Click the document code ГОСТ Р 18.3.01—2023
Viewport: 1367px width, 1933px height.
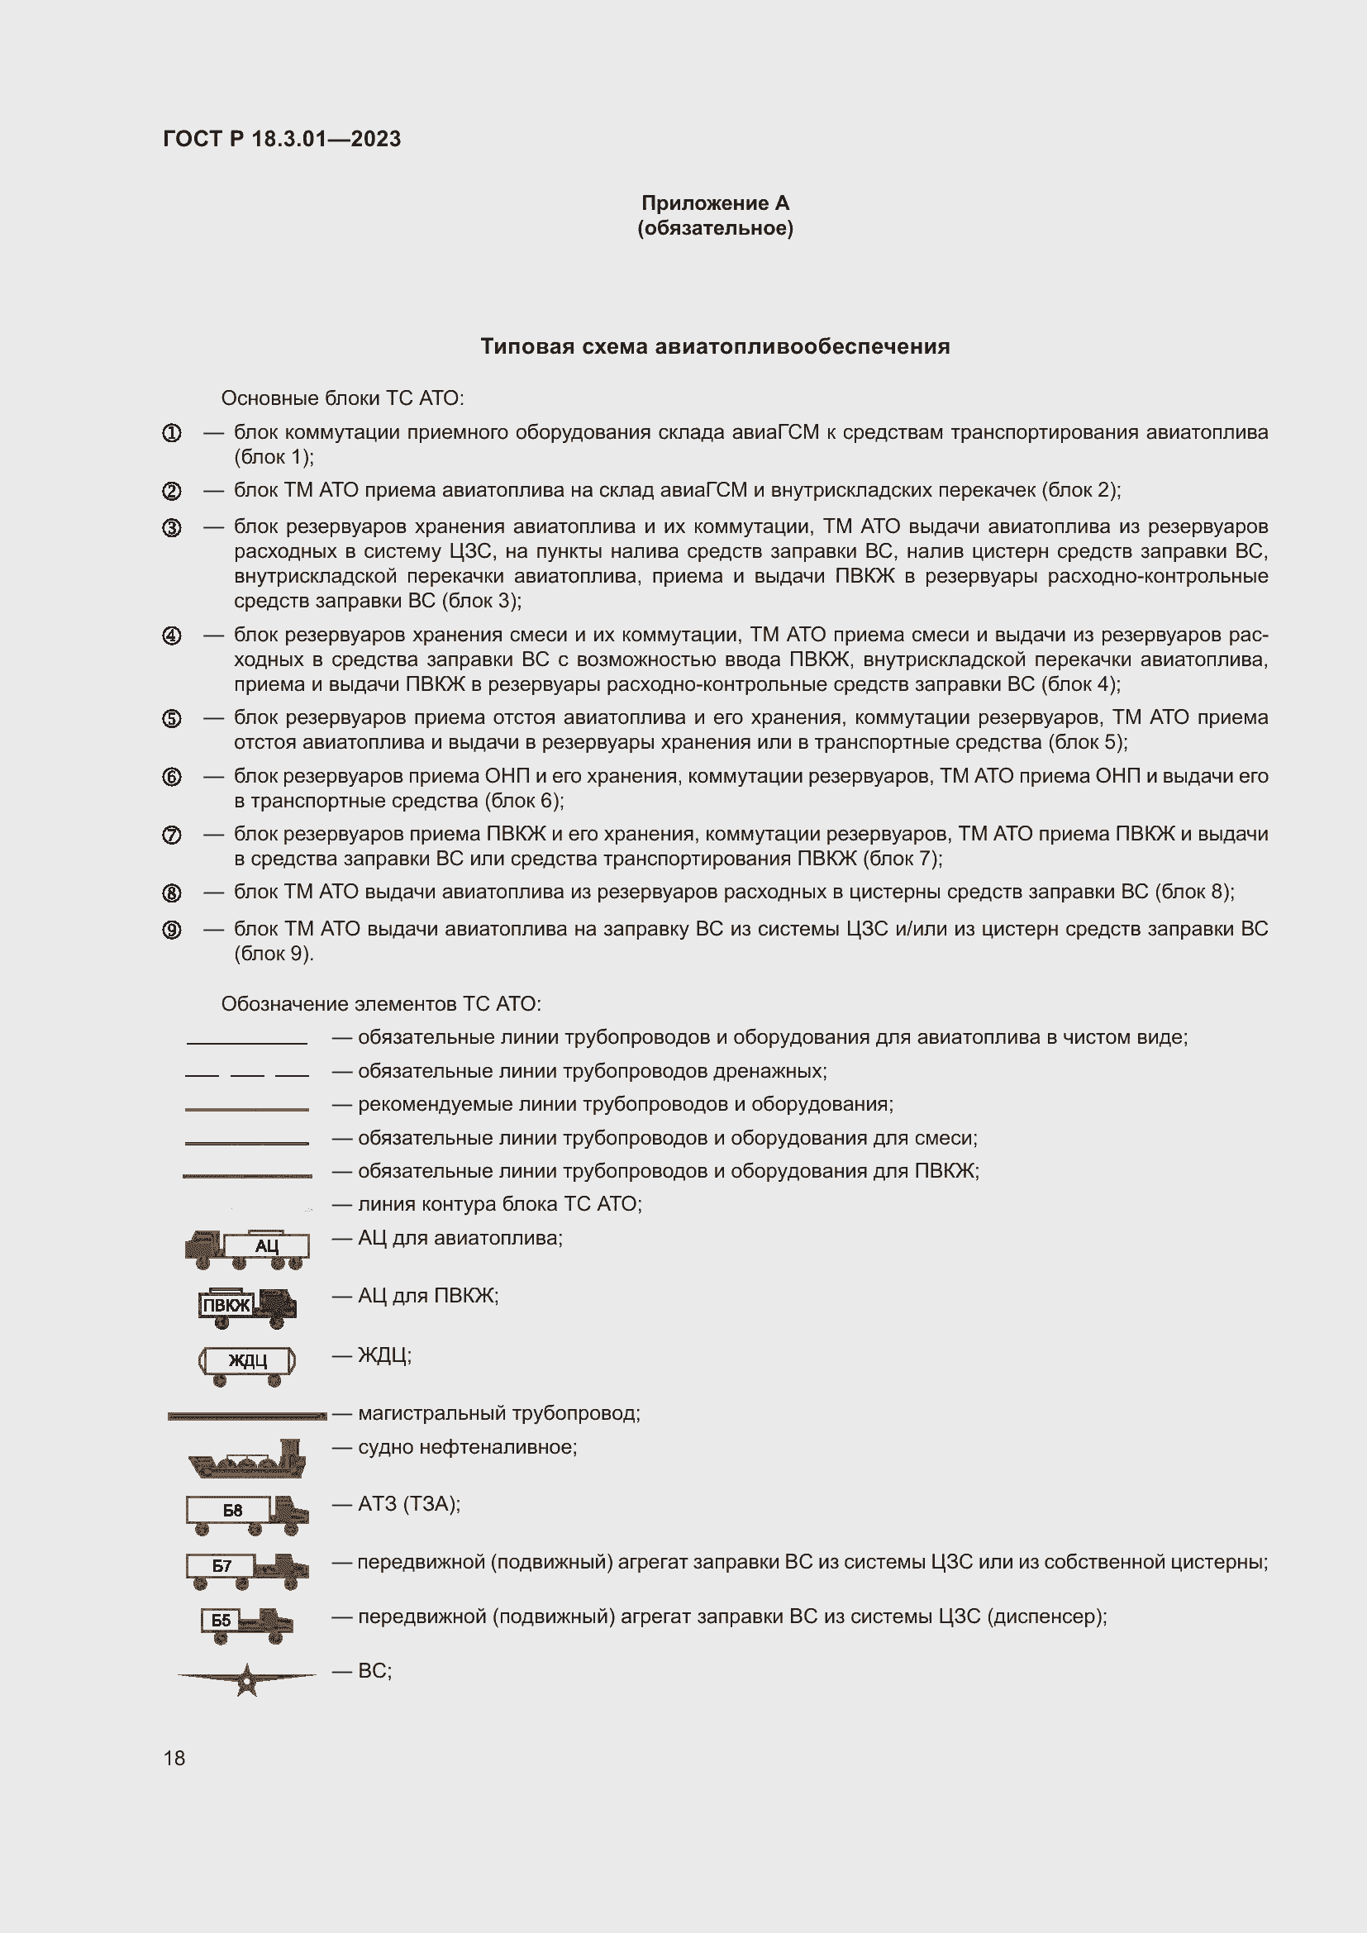click(281, 139)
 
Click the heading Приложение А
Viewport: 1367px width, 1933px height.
click(715, 203)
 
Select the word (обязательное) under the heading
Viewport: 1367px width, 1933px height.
click(715, 228)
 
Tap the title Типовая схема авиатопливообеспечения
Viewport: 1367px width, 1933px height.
click(715, 346)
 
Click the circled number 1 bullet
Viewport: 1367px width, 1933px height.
click(172, 433)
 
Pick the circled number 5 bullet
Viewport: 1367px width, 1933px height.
click(172, 718)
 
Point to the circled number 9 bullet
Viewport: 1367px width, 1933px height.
click(172, 930)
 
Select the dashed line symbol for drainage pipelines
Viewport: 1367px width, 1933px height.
click(246, 1075)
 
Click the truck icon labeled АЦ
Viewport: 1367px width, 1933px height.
click(246, 1250)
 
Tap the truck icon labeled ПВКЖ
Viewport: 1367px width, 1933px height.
click(246, 1306)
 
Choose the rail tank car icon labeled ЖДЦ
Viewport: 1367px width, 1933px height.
click(246, 1363)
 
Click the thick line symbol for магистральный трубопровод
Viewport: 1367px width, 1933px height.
click(246, 1416)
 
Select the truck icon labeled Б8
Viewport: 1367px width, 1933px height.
click(246, 1514)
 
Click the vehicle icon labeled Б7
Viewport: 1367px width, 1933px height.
click(246, 1569)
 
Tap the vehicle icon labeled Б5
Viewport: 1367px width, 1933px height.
click(246, 1624)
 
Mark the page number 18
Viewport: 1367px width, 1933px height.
click(174, 1758)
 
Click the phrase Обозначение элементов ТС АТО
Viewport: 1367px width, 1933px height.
click(380, 1003)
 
